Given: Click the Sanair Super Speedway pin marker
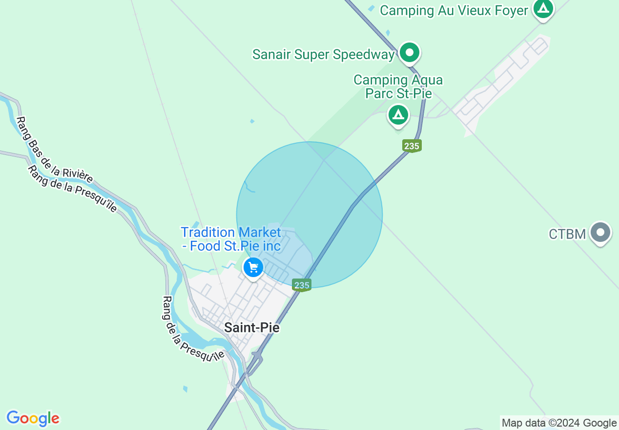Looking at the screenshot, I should click(x=410, y=52).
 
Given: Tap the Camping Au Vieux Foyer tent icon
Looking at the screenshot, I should click(x=543, y=8).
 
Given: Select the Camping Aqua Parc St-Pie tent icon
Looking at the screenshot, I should click(x=398, y=115).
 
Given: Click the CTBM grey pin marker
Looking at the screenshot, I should click(x=600, y=233).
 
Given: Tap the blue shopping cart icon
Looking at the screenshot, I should click(x=253, y=267).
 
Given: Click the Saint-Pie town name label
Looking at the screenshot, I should click(x=252, y=327).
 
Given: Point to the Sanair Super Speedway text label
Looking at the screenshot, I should click(x=323, y=54).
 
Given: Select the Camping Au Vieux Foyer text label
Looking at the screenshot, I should click(x=454, y=10).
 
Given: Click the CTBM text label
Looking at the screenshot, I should click(x=567, y=234).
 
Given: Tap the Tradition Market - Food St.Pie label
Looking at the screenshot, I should click(x=231, y=239).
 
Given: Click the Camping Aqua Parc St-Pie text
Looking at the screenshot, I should click(x=398, y=86).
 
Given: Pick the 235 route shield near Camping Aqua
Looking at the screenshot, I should click(x=412, y=146).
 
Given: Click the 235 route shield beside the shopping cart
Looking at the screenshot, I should click(x=302, y=285).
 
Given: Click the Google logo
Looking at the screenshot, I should click(x=33, y=418).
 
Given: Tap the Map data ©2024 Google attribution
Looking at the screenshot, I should click(x=559, y=423).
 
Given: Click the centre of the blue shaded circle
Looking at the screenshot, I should click(x=309, y=215).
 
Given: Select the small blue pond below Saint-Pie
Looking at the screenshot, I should click(x=185, y=389).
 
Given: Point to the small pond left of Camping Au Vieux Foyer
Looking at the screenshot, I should click(x=372, y=8).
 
